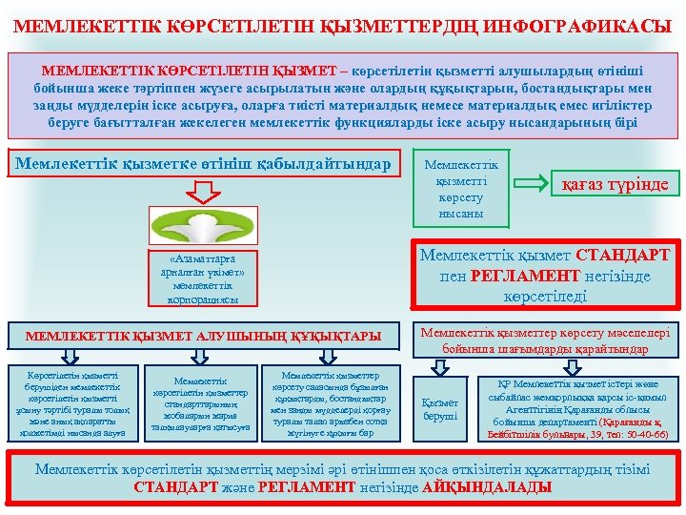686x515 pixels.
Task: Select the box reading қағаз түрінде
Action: pyautogui.click(x=615, y=183)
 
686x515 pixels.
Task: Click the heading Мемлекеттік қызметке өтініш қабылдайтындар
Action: pyautogui.click(x=203, y=164)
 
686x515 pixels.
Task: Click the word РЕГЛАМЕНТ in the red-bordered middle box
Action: pyautogui.click(x=521, y=276)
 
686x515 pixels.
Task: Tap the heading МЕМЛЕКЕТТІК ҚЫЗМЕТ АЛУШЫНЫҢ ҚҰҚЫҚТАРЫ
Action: pyautogui.click(x=203, y=336)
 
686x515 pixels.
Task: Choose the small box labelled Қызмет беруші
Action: pyautogui.click(x=440, y=409)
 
